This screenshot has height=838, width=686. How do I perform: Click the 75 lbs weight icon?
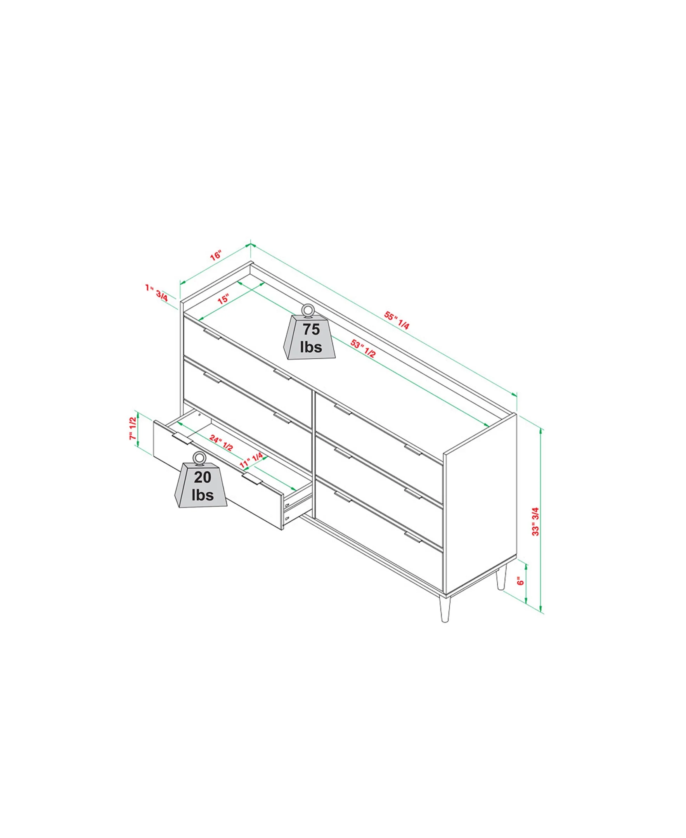309,334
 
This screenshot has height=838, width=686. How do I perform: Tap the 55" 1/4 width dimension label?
397,320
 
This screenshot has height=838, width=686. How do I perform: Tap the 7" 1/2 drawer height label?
132,429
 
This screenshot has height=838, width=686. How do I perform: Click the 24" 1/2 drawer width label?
221,443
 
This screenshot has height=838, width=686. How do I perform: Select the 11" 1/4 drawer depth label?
251,461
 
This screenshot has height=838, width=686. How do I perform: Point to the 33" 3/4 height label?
535,521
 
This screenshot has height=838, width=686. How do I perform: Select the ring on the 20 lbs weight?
199,458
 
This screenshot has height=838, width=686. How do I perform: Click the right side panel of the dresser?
480,504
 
